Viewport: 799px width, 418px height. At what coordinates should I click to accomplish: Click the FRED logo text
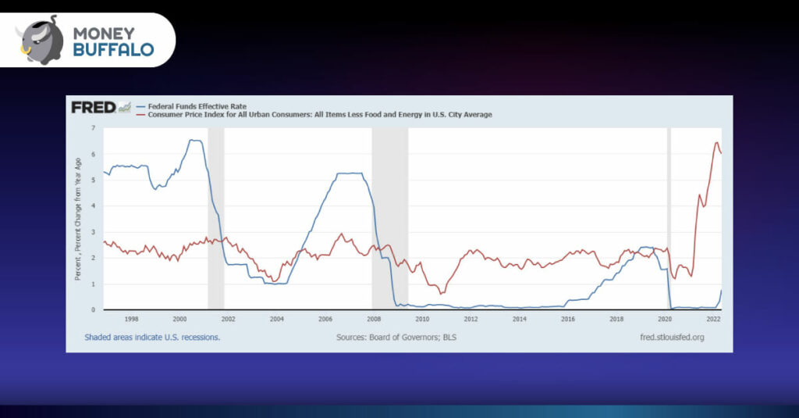(94, 107)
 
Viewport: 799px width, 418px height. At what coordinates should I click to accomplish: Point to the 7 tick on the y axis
(94, 127)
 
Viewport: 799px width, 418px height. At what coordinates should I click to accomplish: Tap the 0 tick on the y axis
(94, 309)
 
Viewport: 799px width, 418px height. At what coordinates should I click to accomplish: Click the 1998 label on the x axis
(131, 319)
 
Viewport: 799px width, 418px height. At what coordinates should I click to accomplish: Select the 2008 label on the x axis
(374, 319)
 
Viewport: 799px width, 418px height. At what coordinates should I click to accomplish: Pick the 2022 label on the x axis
(713, 319)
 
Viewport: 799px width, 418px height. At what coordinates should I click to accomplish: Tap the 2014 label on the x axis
(519, 319)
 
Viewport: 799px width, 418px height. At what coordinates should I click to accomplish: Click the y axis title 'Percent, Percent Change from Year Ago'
(78, 219)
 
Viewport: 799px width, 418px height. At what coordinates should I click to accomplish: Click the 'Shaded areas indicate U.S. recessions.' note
(152, 338)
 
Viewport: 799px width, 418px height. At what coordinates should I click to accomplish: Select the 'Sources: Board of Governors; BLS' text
(396, 338)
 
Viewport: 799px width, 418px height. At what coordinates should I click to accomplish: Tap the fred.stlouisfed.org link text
(672, 338)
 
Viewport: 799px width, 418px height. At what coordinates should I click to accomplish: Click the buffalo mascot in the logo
(40, 41)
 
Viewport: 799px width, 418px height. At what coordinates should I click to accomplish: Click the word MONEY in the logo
(104, 33)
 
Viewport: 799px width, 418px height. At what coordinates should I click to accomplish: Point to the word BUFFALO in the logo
(114, 49)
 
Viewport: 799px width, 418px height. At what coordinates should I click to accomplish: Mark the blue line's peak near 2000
(194, 140)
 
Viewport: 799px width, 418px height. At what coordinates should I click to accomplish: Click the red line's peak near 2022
(716, 142)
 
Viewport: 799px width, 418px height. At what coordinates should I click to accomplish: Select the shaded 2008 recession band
(390, 219)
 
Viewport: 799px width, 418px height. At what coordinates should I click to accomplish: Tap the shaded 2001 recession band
(216, 219)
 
